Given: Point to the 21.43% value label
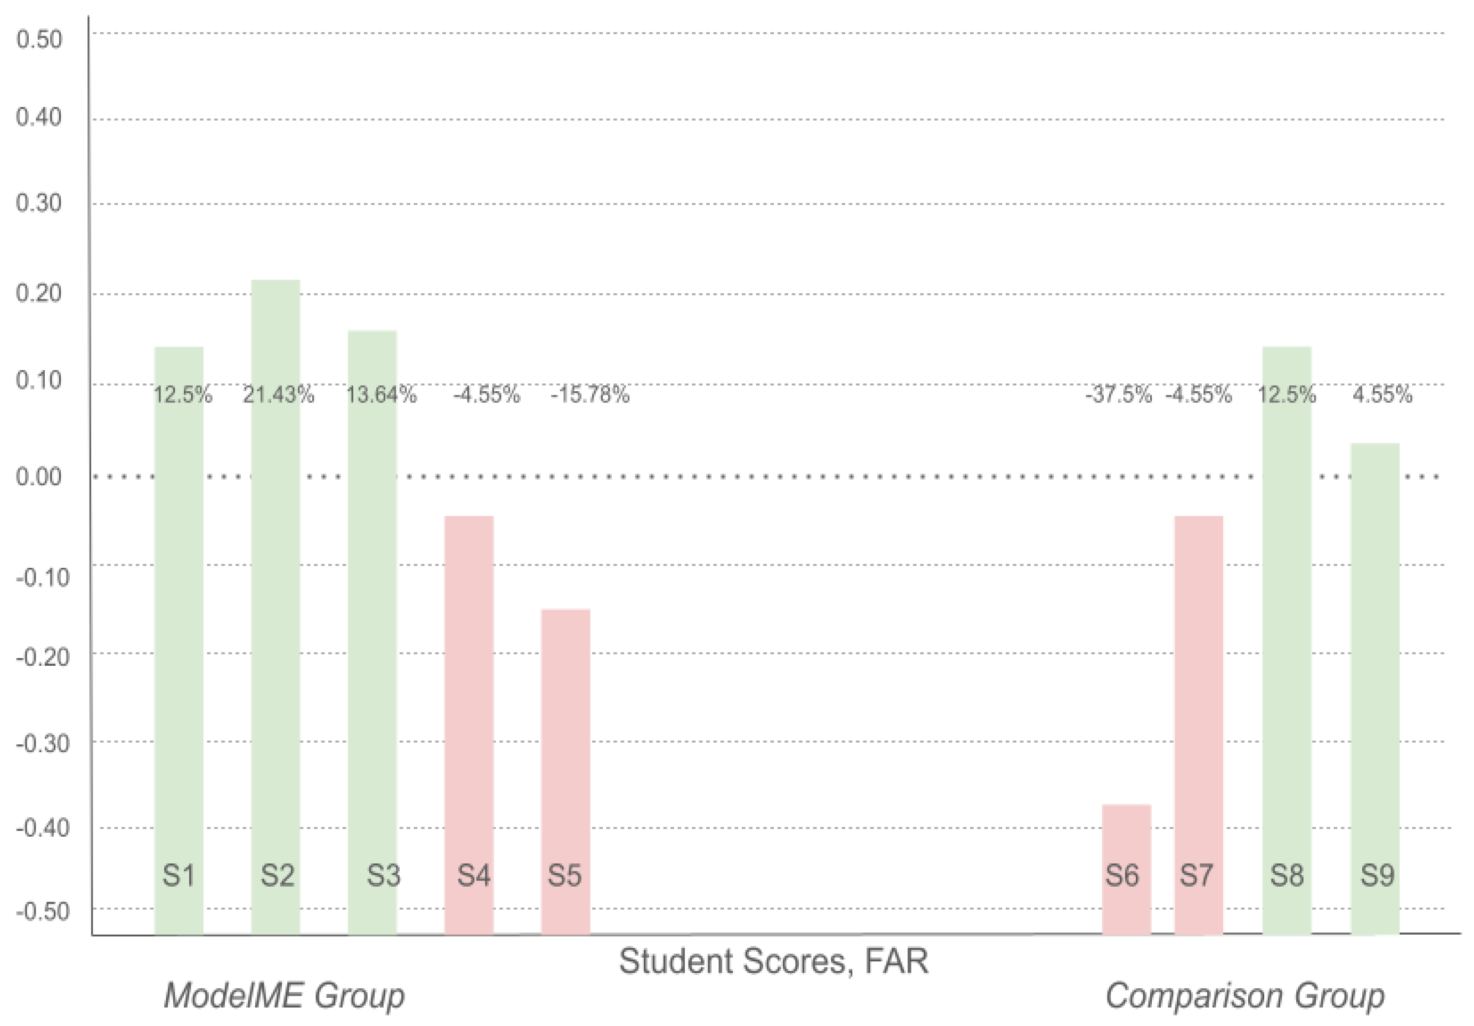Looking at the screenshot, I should click(x=278, y=394).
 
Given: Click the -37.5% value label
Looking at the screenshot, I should click(x=1118, y=394).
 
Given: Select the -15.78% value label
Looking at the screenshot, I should click(x=590, y=394).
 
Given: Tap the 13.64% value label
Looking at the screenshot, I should click(x=381, y=394).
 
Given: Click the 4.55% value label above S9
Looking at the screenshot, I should click(x=1382, y=394).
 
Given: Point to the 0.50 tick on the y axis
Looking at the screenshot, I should click(x=39, y=39).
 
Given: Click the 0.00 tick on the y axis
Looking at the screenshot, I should click(x=39, y=476).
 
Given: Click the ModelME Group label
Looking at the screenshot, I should click(x=284, y=996).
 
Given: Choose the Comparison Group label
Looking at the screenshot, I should click(x=1244, y=996).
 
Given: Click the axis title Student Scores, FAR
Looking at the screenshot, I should click(x=773, y=961).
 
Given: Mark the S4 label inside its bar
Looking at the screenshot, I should click(x=474, y=875).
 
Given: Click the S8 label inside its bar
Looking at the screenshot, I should click(x=1286, y=875).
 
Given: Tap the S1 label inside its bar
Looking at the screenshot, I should click(x=178, y=875).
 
